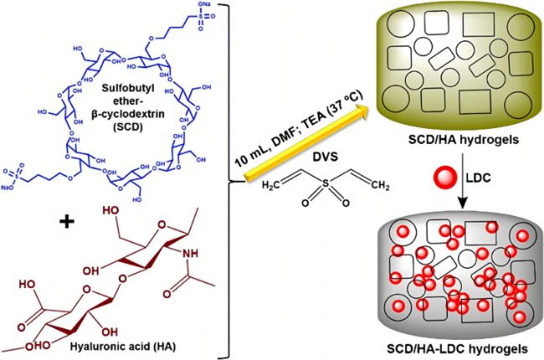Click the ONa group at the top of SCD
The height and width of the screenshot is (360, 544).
coord(228,8)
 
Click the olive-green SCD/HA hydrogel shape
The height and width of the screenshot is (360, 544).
coord(453,63)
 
